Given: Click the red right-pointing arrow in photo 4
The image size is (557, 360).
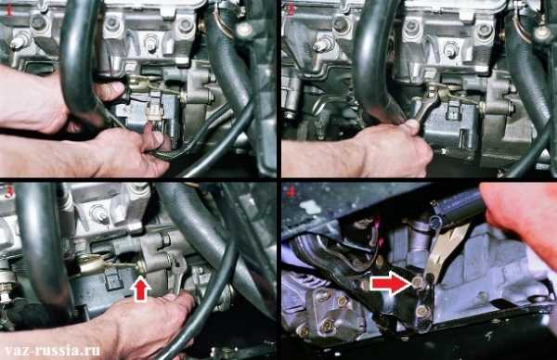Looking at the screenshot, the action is [x=390, y=282].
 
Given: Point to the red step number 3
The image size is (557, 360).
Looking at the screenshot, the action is [x=8, y=192].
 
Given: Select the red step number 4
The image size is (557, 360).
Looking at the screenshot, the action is [x=291, y=192].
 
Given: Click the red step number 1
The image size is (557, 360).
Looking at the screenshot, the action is [x=8, y=11].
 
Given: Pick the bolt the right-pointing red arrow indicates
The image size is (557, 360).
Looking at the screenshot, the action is [x=417, y=283].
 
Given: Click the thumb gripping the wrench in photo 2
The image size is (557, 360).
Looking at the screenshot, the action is [x=413, y=126].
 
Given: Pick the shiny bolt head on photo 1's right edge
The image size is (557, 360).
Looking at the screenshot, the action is [x=243, y=30].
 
